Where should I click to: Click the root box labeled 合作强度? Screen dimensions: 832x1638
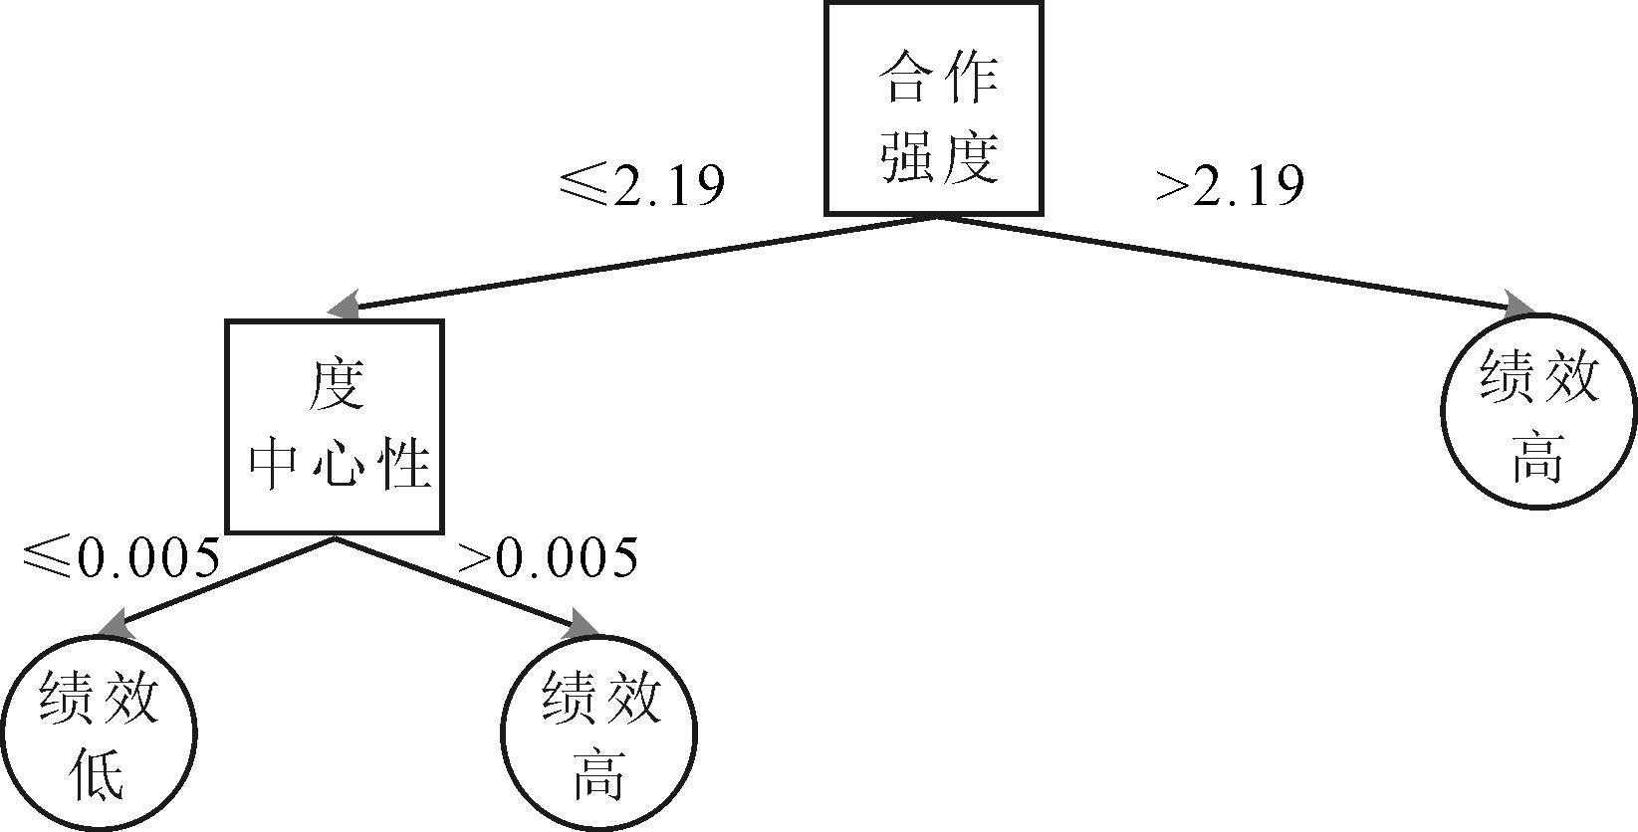(x=933, y=108)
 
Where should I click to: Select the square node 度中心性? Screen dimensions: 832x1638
(x=335, y=426)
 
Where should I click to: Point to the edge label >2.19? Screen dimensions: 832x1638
(x=1230, y=184)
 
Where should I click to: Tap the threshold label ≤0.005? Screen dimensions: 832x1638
(x=119, y=557)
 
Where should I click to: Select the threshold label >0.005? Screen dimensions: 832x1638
(x=547, y=557)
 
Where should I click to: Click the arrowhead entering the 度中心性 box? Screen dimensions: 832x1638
(x=344, y=305)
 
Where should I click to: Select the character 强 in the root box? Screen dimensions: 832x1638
(x=904, y=157)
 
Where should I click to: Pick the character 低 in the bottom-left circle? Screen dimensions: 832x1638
(x=99, y=777)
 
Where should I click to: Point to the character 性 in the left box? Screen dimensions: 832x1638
(x=400, y=464)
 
